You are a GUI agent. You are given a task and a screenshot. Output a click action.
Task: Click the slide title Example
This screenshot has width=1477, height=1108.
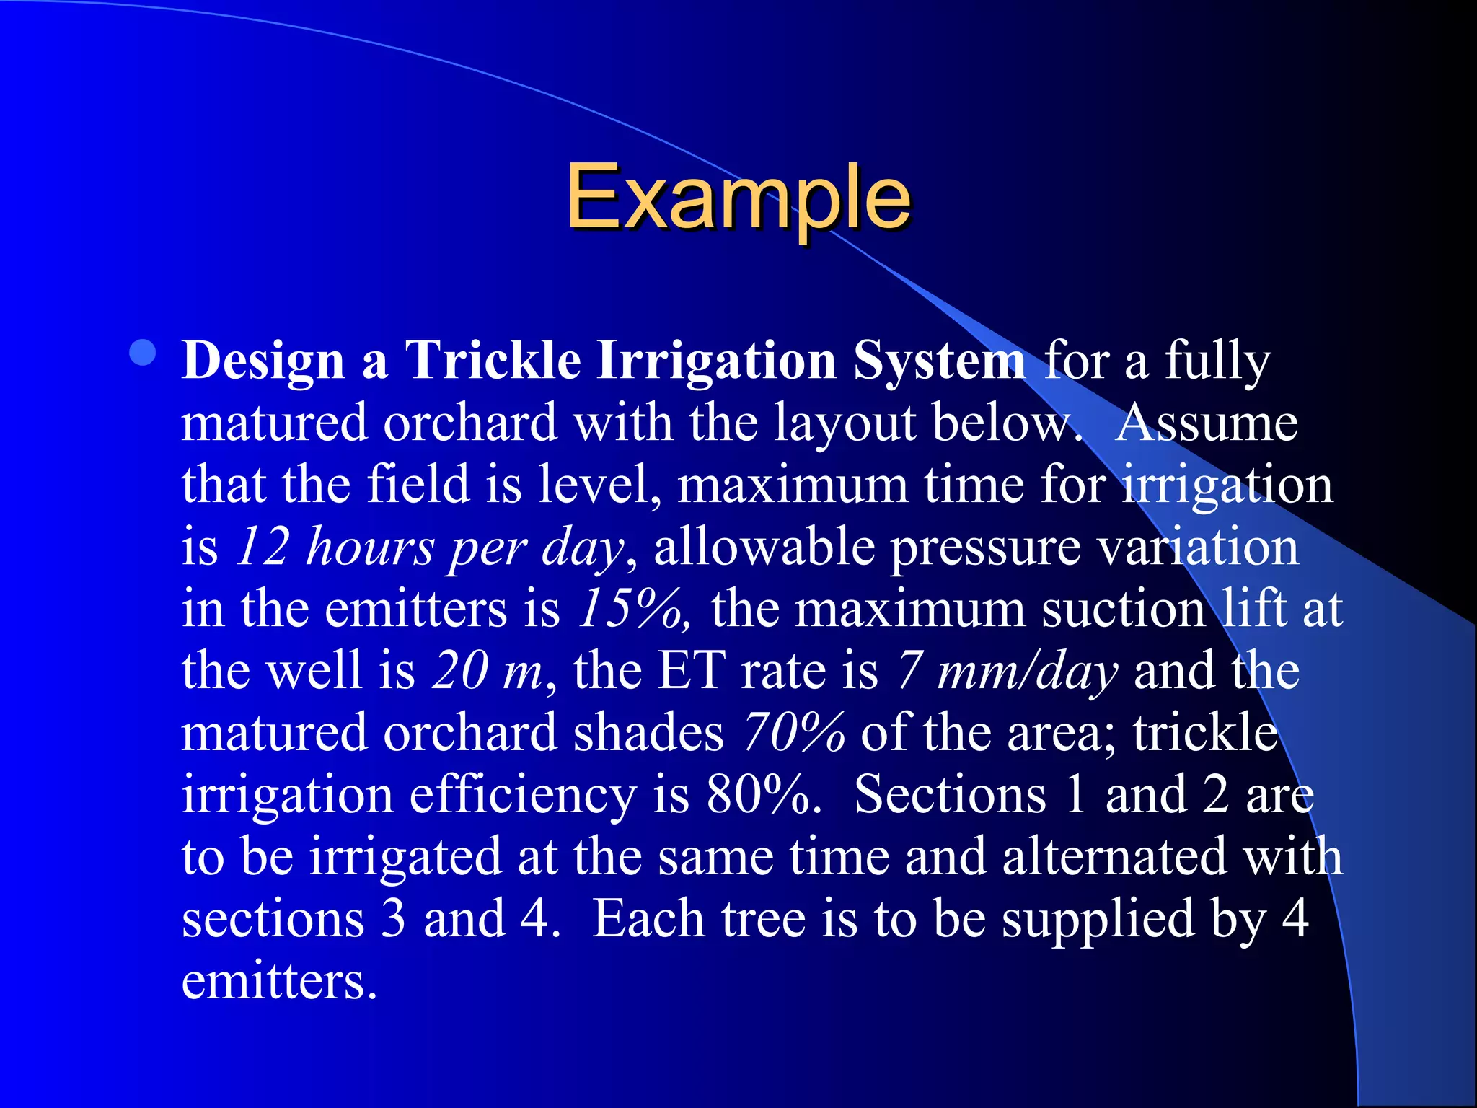[738, 196]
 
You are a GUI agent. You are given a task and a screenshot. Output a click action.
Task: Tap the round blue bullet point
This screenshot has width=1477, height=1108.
[144, 353]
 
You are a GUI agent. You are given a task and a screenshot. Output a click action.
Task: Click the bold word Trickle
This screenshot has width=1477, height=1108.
[493, 360]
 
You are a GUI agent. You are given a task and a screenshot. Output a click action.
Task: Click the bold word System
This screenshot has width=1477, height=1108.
[939, 360]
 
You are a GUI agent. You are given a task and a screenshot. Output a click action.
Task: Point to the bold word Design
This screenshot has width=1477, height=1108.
[263, 360]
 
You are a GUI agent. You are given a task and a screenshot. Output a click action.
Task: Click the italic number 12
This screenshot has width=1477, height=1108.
[263, 546]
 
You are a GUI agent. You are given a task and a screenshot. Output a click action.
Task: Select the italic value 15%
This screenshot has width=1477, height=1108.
[633, 608]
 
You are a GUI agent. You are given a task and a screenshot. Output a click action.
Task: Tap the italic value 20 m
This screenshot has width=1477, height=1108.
[486, 670]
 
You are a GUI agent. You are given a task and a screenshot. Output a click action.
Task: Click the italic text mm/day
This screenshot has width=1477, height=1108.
[1027, 670]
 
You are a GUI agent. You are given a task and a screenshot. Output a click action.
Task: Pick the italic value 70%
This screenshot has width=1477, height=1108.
[793, 732]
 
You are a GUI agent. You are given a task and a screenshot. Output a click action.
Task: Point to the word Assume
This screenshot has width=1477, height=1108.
[1206, 422]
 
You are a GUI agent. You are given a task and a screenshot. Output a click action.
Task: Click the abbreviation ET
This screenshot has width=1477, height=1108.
[691, 670]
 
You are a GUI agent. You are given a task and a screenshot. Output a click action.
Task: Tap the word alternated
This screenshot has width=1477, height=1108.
[1114, 856]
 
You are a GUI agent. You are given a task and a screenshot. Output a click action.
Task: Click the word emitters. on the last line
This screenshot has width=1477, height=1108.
[279, 981]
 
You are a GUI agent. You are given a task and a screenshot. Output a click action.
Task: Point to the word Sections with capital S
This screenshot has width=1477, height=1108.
[949, 794]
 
